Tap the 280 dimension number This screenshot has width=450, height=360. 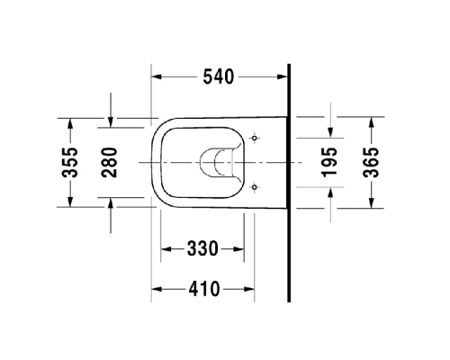point(111,163)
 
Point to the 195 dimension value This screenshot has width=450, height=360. point(330,163)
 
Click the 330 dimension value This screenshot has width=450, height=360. point(202,248)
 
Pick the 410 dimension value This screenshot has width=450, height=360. point(204,289)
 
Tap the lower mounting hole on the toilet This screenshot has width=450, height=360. point(256,187)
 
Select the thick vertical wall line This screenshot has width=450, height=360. point(289,180)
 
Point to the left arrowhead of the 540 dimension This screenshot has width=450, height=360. point(155,77)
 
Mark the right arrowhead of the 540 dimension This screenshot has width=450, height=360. point(283,77)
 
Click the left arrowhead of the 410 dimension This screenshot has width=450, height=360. point(155,289)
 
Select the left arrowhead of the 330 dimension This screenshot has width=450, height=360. point(166,248)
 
